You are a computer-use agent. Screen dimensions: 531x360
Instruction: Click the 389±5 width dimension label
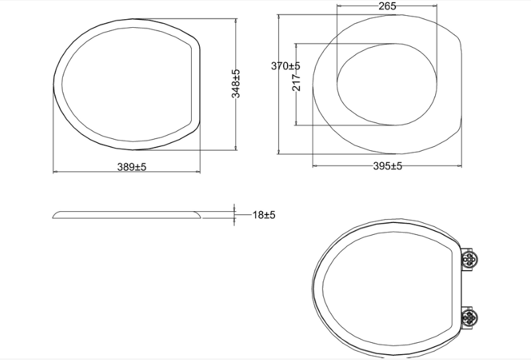[x=132, y=167]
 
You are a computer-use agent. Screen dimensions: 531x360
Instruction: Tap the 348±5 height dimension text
[x=235, y=84]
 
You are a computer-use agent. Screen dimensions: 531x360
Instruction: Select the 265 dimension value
[x=387, y=6]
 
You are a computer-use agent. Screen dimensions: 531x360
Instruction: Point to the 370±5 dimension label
[x=286, y=66]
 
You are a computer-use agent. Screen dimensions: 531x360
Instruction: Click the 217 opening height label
[x=296, y=82]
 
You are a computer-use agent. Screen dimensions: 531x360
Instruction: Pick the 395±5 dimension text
[x=388, y=166]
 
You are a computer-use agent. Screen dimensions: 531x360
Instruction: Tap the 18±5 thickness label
[x=264, y=215]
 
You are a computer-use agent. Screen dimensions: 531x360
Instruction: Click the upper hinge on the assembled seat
[x=470, y=260]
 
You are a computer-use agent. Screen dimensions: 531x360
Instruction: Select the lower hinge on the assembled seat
[x=470, y=317]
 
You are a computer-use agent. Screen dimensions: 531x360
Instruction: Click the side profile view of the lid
[x=128, y=214]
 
